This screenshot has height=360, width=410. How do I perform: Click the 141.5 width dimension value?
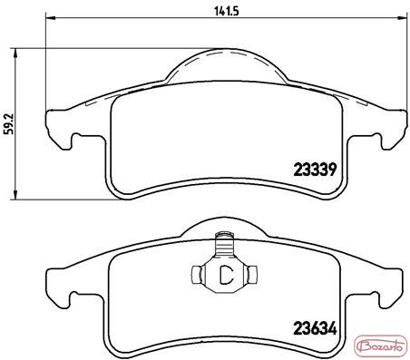[227, 11]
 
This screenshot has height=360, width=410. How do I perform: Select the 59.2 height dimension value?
[10, 124]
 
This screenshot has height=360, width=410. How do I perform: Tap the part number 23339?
[315, 170]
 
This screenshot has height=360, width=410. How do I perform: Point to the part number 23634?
[315, 328]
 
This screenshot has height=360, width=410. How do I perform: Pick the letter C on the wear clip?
[226, 275]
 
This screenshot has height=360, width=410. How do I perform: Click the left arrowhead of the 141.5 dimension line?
[51, 18]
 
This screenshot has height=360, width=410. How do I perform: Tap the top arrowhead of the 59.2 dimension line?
[15, 54]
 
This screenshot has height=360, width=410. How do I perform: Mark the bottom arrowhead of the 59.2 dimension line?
[15, 194]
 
